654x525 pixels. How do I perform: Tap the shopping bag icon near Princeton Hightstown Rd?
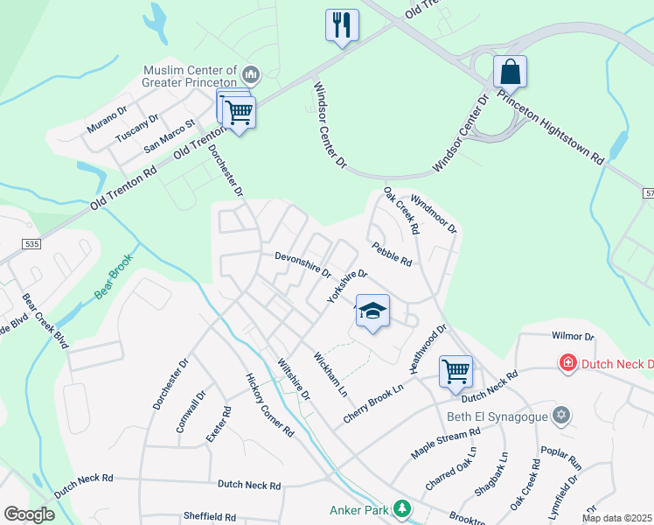pos(510,71)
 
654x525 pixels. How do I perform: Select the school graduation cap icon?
pos(372,311)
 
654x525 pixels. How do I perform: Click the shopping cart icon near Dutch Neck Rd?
pos(456,371)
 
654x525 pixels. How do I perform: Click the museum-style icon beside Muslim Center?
pos(251,72)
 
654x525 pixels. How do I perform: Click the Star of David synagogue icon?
pos(562,415)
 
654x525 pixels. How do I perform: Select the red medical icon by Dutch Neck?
pos(567,361)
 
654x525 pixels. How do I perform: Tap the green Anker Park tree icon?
pos(401,508)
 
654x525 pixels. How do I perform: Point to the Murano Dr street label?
pos(107,119)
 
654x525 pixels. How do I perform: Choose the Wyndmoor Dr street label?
pos(434,213)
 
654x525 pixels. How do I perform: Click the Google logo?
pos(29,515)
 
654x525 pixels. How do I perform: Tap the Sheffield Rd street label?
pos(210,516)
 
